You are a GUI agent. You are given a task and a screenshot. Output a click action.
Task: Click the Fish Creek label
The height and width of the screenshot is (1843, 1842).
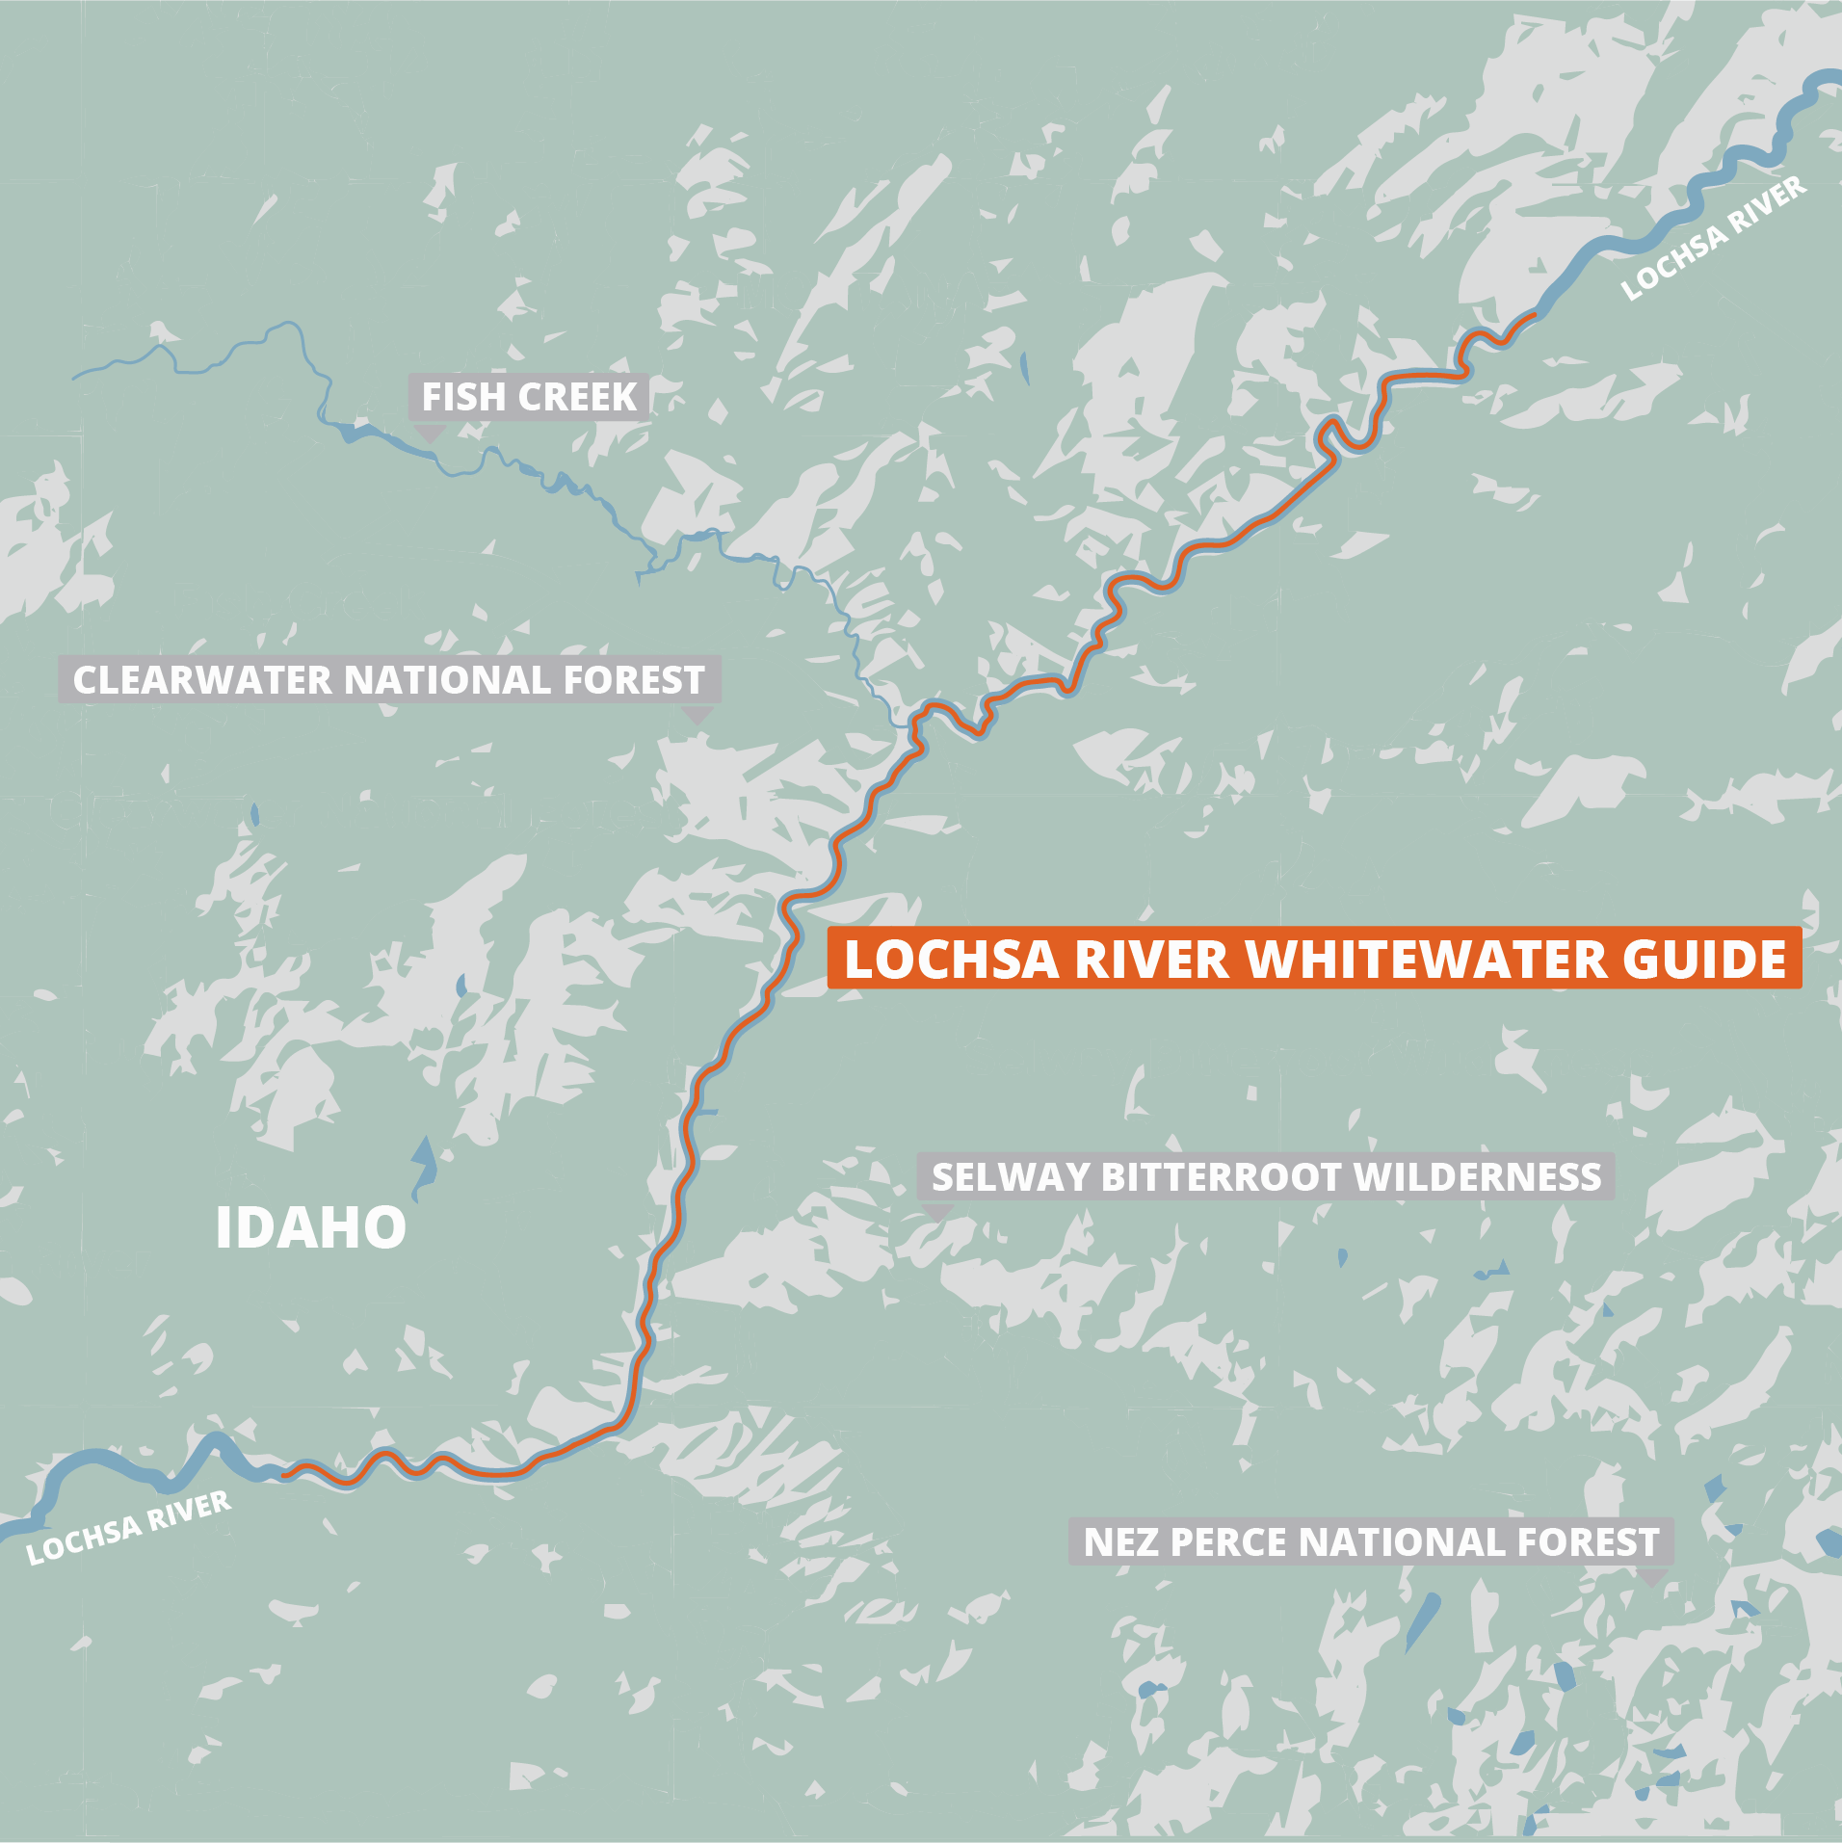pyautogui.click(x=529, y=397)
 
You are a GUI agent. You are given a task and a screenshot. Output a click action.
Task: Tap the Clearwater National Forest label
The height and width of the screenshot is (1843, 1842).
pyautogui.click(x=389, y=680)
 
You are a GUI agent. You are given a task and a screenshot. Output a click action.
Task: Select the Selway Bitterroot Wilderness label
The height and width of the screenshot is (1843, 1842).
pyautogui.click(x=1266, y=1176)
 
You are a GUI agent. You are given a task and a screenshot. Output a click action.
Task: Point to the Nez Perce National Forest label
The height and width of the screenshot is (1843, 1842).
pyautogui.click(x=1371, y=1541)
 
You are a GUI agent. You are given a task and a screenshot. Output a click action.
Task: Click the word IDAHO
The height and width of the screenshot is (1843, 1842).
pyautogui.click(x=310, y=1227)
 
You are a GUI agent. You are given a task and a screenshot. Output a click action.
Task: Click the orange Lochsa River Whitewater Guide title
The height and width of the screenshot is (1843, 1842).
pyautogui.click(x=1314, y=959)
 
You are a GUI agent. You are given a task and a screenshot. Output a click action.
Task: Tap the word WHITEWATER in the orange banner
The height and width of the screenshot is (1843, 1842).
pyautogui.click(x=1426, y=960)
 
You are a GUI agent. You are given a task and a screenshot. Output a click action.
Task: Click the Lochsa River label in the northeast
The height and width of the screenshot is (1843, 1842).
pyautogui.click(x=1714, y=239)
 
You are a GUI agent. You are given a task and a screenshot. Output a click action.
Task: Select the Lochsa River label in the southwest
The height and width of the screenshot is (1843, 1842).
pyautogui.click(x=128, y=1527)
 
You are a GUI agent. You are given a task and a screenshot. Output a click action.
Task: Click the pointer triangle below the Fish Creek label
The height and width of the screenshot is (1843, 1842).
pyautogui.click(x=430, y=434)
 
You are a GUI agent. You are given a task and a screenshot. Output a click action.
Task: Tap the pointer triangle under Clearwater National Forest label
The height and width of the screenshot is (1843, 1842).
pyautogui.click(x=697, y=715)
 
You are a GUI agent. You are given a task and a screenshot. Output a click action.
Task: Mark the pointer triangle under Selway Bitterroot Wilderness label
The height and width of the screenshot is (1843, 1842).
pyautogui.click(x=936, y=1212)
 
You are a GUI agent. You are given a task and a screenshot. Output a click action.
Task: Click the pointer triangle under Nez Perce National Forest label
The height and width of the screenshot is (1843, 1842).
pyautogui.click(x=1653, y=1577)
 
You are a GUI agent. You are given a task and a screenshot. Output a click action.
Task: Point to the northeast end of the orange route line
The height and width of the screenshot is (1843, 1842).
pyautogui.click(x=1533, y=315)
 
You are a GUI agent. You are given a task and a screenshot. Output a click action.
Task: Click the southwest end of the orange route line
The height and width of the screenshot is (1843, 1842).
pyautogui.click(x=283, y=1473)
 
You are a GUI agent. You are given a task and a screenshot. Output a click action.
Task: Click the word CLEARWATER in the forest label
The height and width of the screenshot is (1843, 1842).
pyautogui.click(x=202, y=680)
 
